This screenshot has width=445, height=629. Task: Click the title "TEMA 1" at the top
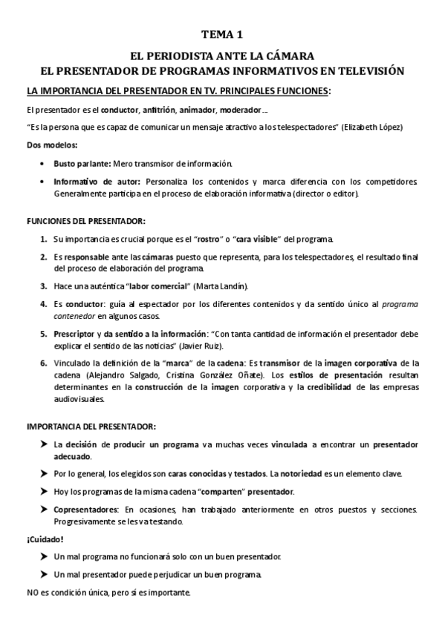pos(222,34)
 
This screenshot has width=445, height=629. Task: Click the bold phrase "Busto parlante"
pos(81,162)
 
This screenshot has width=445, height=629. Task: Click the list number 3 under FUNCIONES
pos(43,286)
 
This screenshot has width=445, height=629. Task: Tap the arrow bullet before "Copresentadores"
pos(44,510)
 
